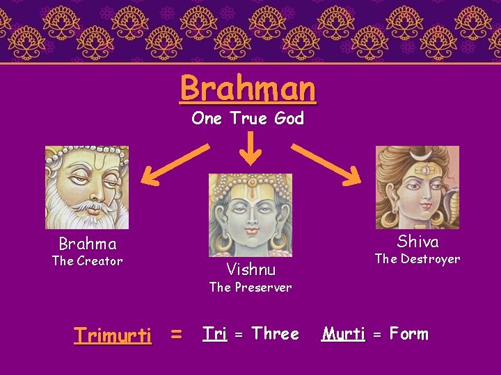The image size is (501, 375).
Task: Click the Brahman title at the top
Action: tap(248, 88)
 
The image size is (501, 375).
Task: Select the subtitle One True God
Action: tap(248, 119)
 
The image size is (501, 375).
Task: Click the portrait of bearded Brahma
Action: tap(87, 187)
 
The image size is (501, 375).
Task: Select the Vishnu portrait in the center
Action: tap(250, 215)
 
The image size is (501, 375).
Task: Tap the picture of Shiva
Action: tap(417, 187)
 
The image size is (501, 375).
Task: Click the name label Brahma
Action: tap(88, 244)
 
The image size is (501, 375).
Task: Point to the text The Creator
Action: tap(88, 261)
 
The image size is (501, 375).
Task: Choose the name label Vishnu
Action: tap(250, 269)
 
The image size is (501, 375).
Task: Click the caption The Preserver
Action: tap(250, 287)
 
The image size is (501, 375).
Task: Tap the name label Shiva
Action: tap(417, 242)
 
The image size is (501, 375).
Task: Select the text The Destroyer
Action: tap(417, 259)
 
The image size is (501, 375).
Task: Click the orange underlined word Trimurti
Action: tap(113, 336)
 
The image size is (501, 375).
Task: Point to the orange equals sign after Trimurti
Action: tap(177, 335)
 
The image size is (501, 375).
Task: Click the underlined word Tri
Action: tap(214, 334)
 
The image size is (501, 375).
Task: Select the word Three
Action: tap(276, 334)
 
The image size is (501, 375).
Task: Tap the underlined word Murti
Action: tap(343, 334)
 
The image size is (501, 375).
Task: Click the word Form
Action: tap(409, 334)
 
